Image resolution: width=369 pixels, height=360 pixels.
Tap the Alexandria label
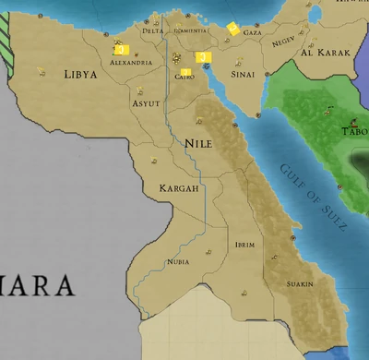(131, 63)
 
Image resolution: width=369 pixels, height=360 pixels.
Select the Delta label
(153, 30)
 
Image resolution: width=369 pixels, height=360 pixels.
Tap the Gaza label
(252, 31)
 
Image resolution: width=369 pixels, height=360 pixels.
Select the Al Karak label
(326, 53)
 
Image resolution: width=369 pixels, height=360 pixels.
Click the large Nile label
(198, 144)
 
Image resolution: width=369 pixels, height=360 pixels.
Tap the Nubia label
(178, 262)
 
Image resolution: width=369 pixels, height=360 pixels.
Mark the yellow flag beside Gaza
(232, 30)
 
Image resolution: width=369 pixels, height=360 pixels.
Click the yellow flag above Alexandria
(121, 50)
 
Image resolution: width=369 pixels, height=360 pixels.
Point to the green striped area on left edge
(6, 48)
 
